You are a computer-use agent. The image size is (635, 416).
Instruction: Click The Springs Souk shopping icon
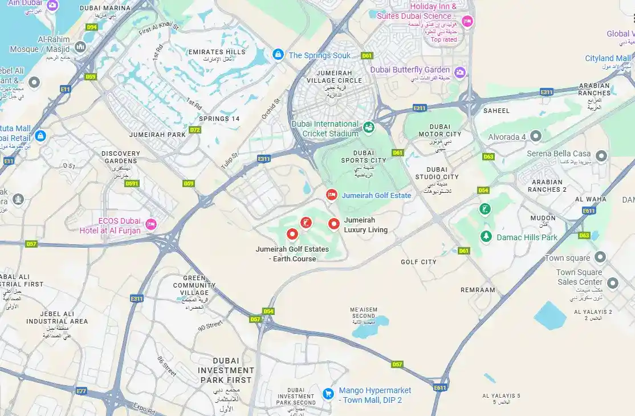pos(278,55)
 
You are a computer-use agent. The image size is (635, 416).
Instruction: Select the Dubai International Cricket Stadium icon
pos(369,127)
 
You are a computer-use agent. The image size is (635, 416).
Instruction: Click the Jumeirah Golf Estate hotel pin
pos(331,195)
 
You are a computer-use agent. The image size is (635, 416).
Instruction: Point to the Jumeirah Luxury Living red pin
pos(334,224)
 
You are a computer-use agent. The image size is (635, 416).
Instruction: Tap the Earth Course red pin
pos(292,233)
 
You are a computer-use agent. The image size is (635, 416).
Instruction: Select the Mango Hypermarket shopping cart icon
pos(328,394)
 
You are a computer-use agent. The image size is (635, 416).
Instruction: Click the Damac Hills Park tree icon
pos(486,236)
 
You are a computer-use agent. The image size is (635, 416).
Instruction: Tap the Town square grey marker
pos(600,257)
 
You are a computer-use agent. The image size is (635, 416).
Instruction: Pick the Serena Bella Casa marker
pos(601,155)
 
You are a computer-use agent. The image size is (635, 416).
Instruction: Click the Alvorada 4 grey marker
pos(536,136)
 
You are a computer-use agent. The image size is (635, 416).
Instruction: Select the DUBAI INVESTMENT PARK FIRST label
pos(226,370)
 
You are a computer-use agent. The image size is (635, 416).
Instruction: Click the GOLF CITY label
pos(418,262)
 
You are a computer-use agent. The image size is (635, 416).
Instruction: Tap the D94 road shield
pos(92,27)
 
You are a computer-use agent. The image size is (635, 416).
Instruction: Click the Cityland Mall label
pos(608,58)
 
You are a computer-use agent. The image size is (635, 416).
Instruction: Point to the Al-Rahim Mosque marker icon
pos(80,46)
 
